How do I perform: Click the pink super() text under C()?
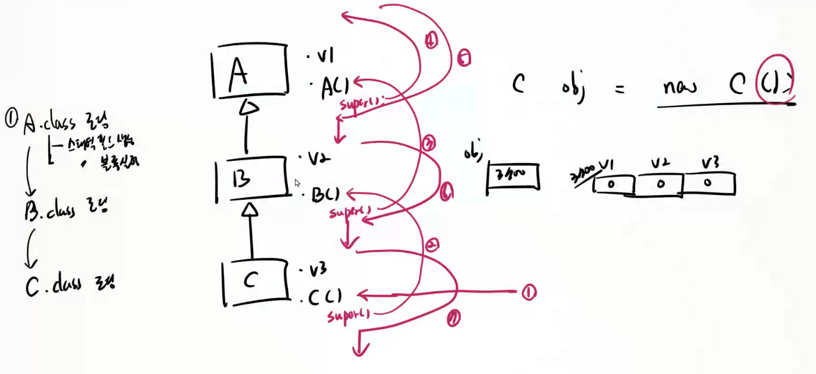pos(348,315)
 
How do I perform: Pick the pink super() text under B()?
pos(350,210)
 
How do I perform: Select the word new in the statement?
pos(679,87)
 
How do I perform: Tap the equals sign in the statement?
pos(619,90)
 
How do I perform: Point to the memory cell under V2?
pos(659,184)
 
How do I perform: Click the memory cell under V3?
pos(708,183)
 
